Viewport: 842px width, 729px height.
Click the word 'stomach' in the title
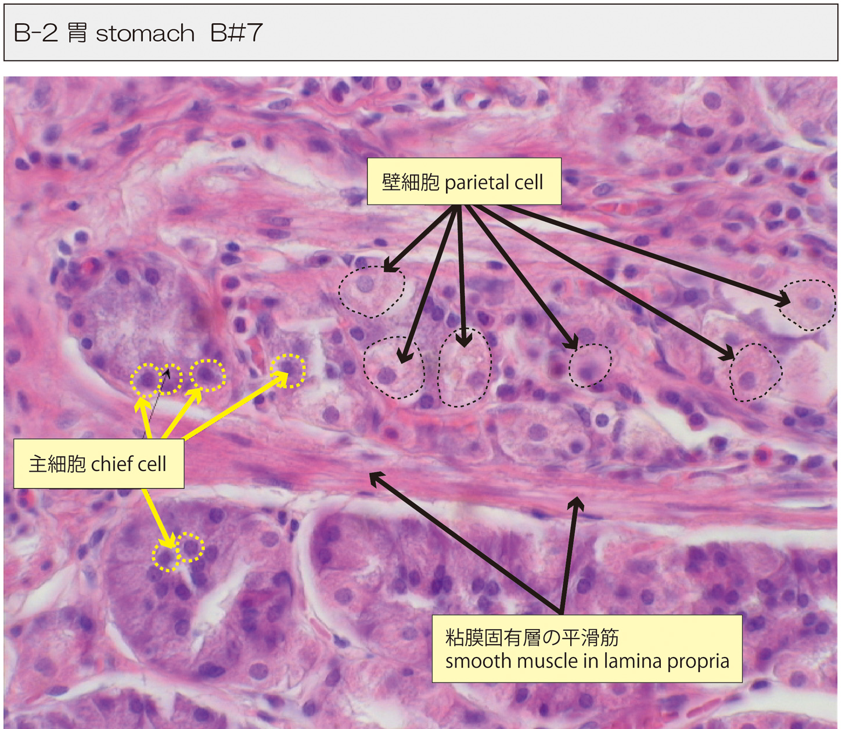tap(145, 34)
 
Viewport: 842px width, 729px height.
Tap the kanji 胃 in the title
tap(77, 33)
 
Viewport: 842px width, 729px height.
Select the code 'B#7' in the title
tap(236, 33)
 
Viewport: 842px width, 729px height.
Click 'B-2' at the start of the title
tap(35, 33)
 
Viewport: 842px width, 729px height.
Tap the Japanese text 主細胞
tap(57, 464)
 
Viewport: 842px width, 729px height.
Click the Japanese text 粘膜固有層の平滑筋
tap(532, 638)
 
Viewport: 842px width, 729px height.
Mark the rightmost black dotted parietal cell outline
tap(807, 305)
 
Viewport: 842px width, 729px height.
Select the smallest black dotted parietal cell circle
tap(590, 365)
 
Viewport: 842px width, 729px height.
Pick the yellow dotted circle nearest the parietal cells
tap(288, 371)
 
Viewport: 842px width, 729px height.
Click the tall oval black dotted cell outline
tap(464, 367)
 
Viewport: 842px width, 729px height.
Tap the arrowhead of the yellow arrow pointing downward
tap(169, 543)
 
